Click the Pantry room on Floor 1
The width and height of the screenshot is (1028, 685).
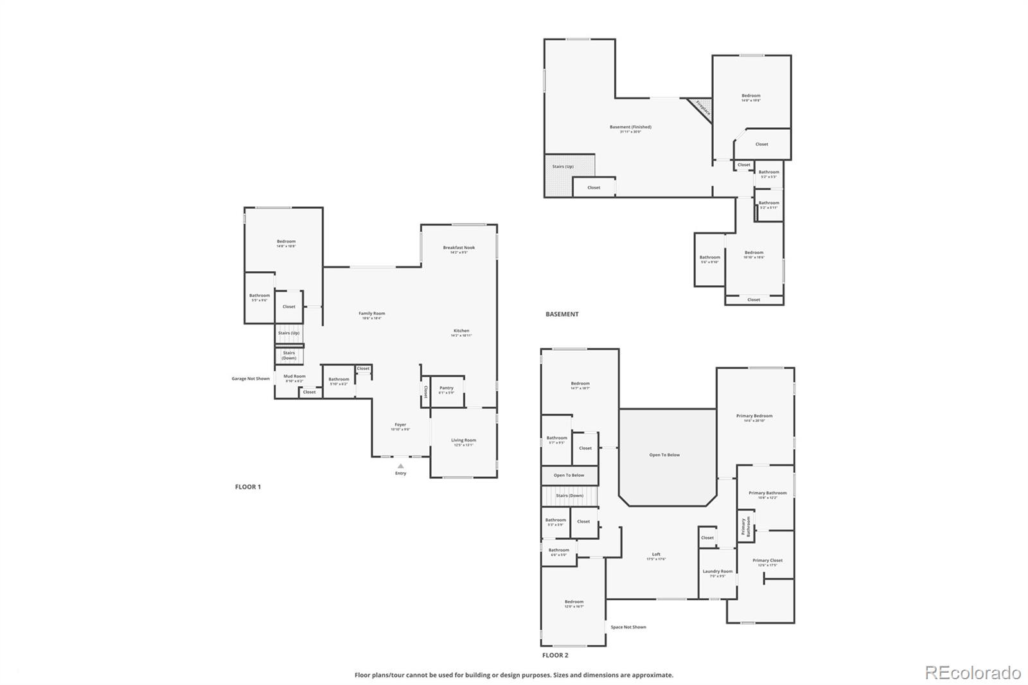(x=447, y=390)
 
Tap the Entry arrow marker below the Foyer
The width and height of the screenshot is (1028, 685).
(x=400, y=466)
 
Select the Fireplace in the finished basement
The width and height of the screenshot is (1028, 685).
(x=702, y=109)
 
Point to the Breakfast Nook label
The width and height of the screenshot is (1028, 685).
(x=459, y=248)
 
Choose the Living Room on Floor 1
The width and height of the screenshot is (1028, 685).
(x=463, y=442)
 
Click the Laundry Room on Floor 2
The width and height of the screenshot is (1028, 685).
(x=718, y=573)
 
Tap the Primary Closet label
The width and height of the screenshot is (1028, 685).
(x=767, y=560)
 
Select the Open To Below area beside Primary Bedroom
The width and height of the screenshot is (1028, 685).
(x=664, y=455)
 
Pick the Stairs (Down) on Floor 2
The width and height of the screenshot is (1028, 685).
(x=569, y=495)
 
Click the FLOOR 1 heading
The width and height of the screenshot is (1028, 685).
(x=247, y=487)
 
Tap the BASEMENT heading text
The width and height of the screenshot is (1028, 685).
(x=562, y=314)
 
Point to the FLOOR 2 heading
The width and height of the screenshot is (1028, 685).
(x=555, y=655)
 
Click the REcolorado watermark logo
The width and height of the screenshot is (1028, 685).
(x=972, y=673)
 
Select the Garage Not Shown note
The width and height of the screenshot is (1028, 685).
(x=251, y=378)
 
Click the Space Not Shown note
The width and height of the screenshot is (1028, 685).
(x=628, y=627)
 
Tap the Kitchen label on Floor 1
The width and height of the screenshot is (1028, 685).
(x=461, y=332)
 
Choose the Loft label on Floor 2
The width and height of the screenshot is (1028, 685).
(x=656, y=555)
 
